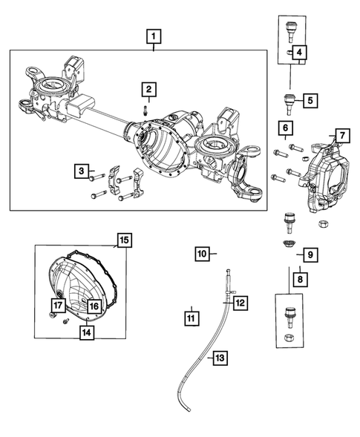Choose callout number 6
pos(285,130)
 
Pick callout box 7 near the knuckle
pos(341,135)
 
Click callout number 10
pos(202,254)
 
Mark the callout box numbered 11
pos(191,318)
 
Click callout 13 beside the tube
pos(219,358)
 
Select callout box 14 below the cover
pos(88,332)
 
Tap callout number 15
pos(124,240)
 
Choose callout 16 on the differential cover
pos(94,305)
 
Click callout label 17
pos(57,305)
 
